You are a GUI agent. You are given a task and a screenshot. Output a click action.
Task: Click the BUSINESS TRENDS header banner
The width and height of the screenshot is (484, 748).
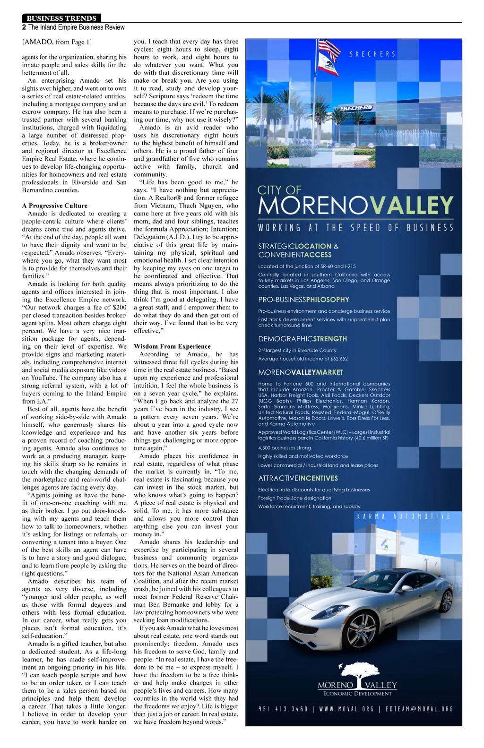[61, 18]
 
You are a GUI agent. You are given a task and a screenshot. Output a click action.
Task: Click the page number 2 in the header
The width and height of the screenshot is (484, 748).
[24, 27]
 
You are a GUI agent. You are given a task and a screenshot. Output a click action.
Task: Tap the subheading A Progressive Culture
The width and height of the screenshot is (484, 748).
[54, 206]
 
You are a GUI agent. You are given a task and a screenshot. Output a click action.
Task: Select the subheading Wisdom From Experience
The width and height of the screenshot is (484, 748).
[172, 346]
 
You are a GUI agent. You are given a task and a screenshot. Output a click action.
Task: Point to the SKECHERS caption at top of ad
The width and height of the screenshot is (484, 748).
[372, 54]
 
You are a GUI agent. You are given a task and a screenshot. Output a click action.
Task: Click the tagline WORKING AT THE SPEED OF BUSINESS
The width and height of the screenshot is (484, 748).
[355, 228]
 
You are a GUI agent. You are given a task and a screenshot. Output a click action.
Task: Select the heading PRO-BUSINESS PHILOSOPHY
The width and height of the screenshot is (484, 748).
[303, 300]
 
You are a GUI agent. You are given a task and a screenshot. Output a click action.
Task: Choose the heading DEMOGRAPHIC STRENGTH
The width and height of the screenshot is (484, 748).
[302, 339]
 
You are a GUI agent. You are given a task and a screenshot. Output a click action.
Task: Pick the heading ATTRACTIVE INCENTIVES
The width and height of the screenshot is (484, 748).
[298, 478]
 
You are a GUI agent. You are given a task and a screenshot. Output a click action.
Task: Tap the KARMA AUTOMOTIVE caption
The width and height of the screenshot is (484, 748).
[403, 516]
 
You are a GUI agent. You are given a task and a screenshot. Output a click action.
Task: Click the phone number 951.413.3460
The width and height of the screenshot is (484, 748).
[283, 709]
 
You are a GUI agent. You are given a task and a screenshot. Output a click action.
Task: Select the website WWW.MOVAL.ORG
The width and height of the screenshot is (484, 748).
[346, 709]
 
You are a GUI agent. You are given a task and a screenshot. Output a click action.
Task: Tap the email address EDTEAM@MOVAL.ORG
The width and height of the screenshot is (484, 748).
[419, 709]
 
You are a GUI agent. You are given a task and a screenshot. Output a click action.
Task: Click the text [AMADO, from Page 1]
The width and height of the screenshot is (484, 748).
[57, 42]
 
